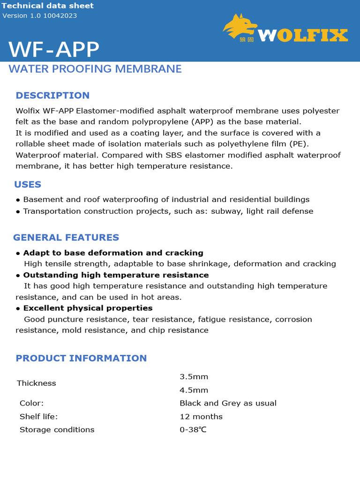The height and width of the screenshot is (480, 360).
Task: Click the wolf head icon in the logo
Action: point(240,26)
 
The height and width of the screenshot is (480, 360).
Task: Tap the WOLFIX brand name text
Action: point(303,35)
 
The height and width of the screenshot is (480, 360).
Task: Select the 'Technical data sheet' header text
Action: point(48,6)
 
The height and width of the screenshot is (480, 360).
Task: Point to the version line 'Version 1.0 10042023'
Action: point(40,15)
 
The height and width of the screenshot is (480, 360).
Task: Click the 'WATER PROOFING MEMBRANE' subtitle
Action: point(95,69)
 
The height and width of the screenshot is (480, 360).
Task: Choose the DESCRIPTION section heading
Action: point(52,95)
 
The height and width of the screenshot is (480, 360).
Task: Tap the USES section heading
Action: point(28,184)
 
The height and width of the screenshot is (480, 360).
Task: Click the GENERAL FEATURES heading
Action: point(66,237)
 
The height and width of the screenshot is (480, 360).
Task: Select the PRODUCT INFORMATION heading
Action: point(81,358)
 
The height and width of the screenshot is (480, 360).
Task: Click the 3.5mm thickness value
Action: point(194,377)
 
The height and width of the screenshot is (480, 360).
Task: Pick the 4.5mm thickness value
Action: point(194,390)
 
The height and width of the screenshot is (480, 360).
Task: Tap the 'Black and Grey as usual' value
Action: point(228,403)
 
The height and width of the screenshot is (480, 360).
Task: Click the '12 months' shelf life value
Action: point(201,416)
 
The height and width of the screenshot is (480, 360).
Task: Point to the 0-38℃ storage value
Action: point(193,429)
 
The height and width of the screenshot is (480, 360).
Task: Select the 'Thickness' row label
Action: point(37,383)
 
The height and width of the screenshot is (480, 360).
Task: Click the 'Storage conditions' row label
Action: point(57,429)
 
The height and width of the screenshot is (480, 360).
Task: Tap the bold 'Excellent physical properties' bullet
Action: point(88,308)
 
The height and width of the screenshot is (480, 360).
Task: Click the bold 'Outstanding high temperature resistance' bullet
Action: point(116,275)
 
